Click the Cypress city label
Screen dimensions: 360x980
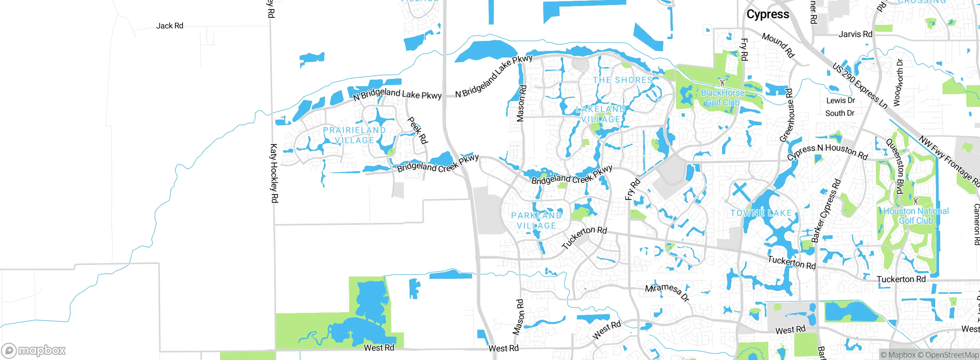[768, 15]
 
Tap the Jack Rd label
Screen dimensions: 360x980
[170, 26]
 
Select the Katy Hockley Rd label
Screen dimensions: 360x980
[274, 173]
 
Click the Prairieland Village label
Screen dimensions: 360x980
[354, 135]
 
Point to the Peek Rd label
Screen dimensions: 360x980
[417, 130]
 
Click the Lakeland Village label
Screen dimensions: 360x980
[601, 114]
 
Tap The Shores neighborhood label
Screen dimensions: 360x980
[623, 80]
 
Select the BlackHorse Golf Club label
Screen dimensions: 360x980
[722, 98]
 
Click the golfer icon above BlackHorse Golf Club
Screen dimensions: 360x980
[722, 82]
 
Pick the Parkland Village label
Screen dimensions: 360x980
[536, 221]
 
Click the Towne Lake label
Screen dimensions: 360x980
[761, 213]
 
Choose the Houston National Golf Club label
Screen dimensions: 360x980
[916, 216]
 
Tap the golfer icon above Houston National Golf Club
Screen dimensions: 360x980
[915, 200]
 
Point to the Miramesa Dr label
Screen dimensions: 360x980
[667, 292]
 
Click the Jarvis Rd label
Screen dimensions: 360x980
[855, 34]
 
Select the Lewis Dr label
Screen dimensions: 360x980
[840, 101]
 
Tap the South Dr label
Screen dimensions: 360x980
[840, 113]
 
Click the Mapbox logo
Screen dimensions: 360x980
[34, 350]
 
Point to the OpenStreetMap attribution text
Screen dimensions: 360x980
[952, 355]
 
